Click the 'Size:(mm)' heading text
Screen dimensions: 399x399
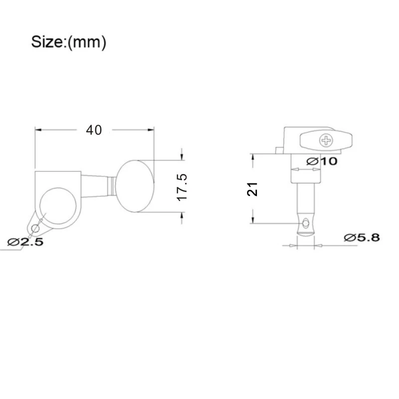tap(68, 42)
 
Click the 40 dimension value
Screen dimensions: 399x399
tap(94, 130)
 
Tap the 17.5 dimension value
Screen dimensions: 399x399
tap(182, 188)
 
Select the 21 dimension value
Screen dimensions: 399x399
tap(252, 189)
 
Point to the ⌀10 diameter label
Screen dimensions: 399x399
tap(322, 161)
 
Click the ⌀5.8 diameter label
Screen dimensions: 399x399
tap(362, 238)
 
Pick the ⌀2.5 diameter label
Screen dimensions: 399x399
tap(25, 242)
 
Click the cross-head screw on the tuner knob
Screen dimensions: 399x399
tap(326, 141)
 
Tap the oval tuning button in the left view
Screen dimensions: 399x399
tap(135, 186)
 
